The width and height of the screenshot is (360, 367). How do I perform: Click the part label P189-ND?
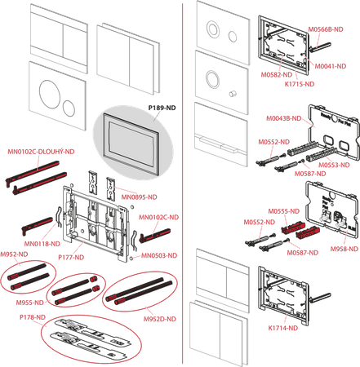tap(162, 108)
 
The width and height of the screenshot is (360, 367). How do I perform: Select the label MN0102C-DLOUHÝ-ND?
tap(41, 152)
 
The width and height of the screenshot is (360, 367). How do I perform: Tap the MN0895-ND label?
tap(139, 197)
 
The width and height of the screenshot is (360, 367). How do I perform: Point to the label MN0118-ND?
tap(42, 244)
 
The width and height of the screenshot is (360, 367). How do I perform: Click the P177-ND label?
tap(71, 257)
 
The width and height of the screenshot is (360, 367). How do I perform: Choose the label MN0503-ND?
tap(159, 255)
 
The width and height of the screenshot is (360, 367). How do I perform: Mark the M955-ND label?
tap(30, 303)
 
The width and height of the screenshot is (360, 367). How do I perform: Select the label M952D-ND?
tap(160, 319)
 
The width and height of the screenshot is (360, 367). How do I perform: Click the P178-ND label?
tap(33, 317)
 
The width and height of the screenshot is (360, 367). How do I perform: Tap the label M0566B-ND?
tap(326, 29)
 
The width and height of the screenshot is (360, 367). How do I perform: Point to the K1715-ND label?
tap(300, 84)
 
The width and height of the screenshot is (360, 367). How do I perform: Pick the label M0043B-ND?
tap(284, 118)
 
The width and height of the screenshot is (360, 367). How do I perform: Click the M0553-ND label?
tap(334, 165)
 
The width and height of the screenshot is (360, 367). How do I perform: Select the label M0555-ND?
tap(284, 211)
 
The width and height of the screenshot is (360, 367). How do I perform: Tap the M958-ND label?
tap(344, 249)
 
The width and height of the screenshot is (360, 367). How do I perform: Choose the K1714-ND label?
tap(283, 328)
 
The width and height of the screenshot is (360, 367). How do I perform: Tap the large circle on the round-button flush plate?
tap(48, 92)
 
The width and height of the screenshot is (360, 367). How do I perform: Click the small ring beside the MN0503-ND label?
tap(131, 258)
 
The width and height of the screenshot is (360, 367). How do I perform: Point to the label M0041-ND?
tap(331, 66)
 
